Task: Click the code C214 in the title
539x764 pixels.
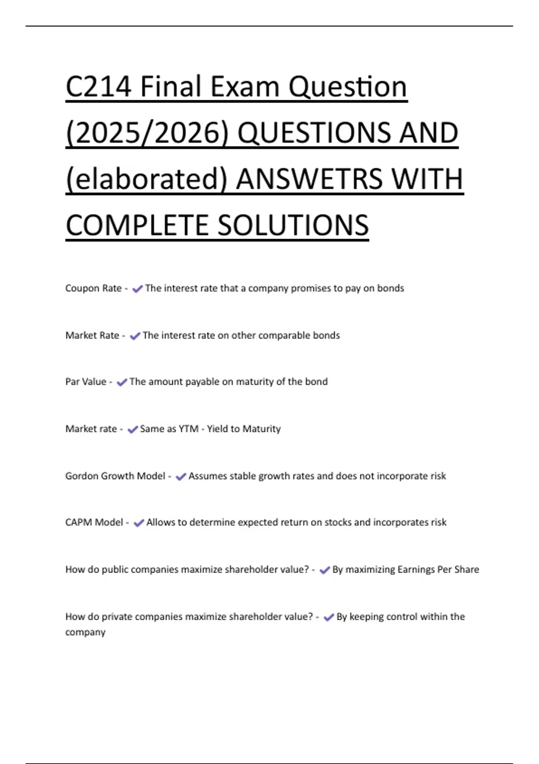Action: (x=99, y=86)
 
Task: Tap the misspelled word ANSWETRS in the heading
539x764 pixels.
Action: (x=309, y=179)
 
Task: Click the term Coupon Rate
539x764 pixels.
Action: (x=93, y=288)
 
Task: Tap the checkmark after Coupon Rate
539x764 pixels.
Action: (x=137, y=289)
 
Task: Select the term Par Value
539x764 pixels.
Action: (x=86, y=382)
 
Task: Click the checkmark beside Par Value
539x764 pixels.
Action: (x=122, y=382)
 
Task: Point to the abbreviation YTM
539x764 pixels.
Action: (x=189, y=429)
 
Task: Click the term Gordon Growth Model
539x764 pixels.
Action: (x=115, y=476)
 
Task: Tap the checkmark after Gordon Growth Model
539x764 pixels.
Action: (x=181, y=476)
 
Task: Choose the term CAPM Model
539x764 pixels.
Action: (x=94, y=522)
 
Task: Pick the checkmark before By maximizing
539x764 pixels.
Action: (x=325, y=570)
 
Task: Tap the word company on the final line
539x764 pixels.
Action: (x=85, y=632)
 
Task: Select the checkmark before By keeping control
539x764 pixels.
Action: (x=329, y=617)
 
